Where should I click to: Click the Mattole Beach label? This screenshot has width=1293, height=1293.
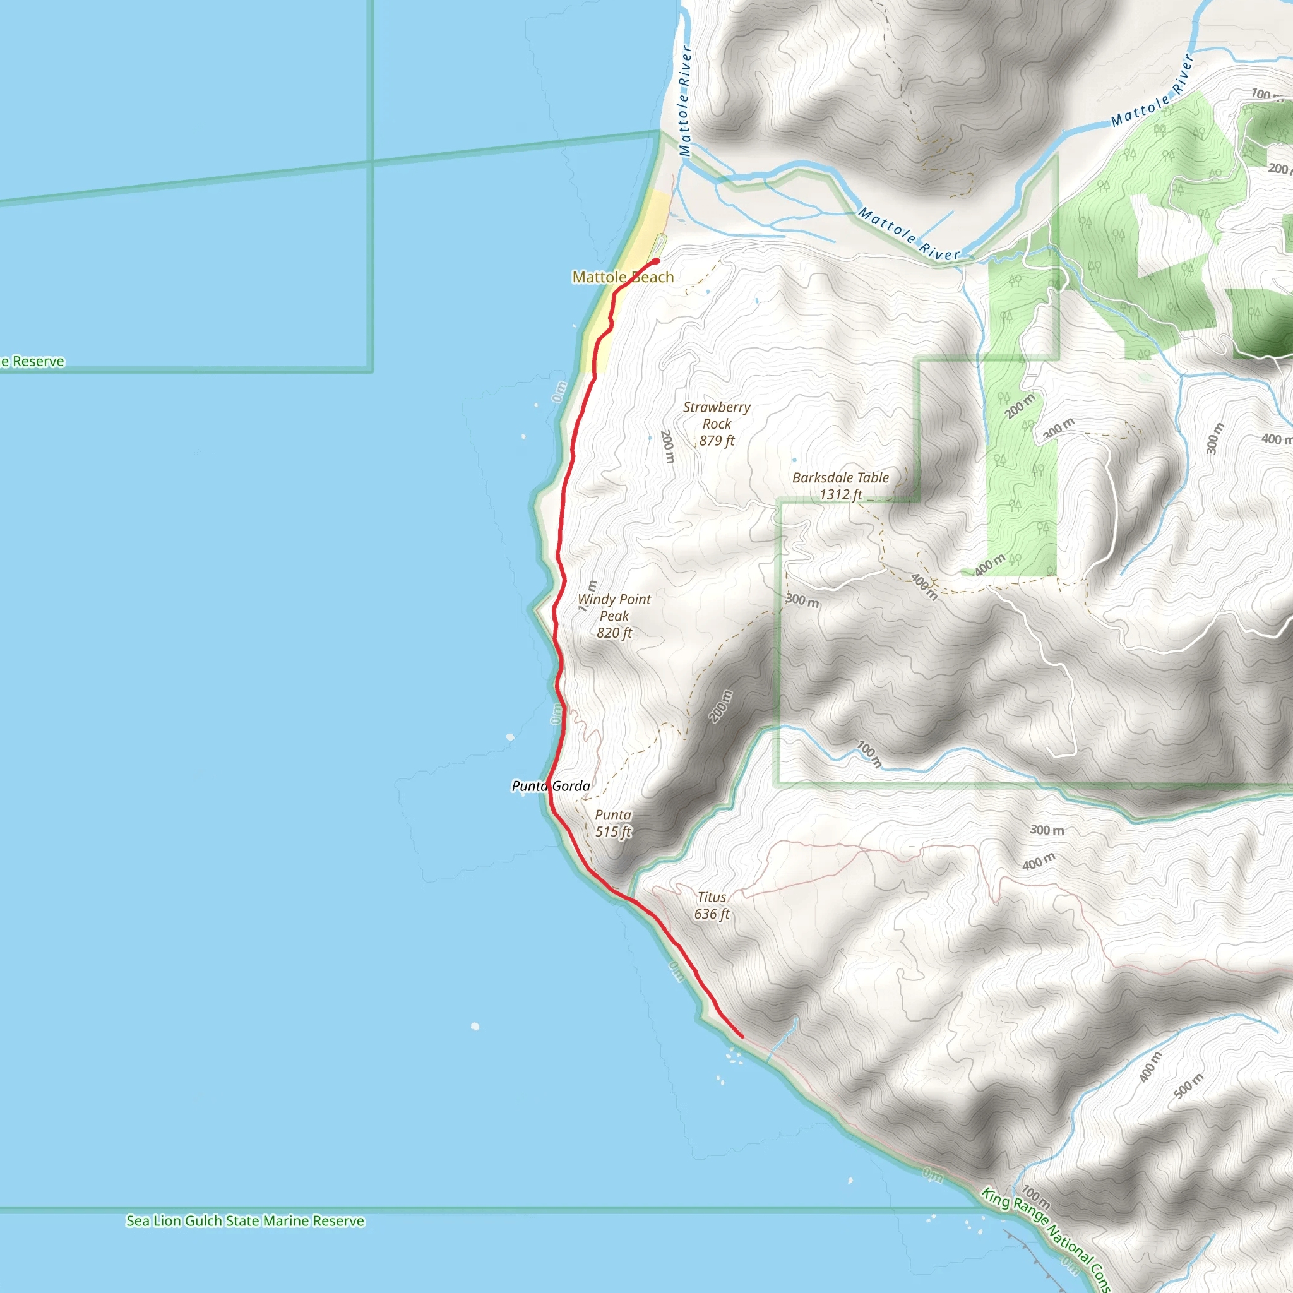coord(623,277)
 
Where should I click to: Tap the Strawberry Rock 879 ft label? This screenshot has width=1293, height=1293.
coord(716,424)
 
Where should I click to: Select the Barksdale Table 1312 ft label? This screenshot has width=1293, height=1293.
coord(840,486)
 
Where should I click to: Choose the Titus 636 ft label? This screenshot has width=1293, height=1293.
coord(712,905)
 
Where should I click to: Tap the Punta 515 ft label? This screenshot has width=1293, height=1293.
coord(613,823)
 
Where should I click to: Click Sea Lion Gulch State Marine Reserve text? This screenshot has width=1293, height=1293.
coord(245,1221)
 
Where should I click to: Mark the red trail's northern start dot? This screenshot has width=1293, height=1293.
coord(657,261)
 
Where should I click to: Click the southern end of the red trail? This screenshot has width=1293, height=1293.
coord(742,1037)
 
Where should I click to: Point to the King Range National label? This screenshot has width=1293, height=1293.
coord(1044,1238)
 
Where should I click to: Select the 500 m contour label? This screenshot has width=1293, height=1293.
coord(1188,1085)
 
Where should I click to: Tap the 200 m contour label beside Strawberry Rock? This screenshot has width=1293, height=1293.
coord(667,446)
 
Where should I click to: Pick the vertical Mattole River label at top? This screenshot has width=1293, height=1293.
coord(684,100)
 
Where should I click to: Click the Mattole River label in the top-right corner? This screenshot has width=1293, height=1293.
coord(1152,91)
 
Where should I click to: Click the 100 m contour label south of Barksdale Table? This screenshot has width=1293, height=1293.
coord(869,754)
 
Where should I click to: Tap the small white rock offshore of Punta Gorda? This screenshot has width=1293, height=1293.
coord(511,737)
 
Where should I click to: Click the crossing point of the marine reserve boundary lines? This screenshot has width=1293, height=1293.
coord(372,161)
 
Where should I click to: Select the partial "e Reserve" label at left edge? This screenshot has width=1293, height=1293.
coord(33,361)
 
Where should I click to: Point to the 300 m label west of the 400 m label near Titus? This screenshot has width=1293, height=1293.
coord(1047,830)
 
